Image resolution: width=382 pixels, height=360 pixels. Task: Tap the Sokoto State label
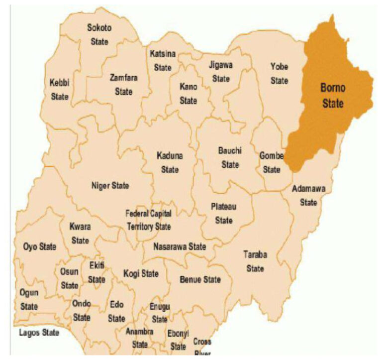99,34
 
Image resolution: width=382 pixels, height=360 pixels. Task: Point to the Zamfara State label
123,85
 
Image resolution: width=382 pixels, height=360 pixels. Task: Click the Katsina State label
163,60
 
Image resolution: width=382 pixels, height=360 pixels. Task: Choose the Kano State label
188,94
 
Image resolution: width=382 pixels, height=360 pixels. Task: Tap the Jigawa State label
221,72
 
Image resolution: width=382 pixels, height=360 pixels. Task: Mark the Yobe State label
279,73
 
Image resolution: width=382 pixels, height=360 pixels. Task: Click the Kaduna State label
170,162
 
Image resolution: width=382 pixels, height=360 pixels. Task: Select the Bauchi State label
230,157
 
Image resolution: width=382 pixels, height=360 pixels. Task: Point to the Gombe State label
272,163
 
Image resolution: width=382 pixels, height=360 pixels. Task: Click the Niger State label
110,186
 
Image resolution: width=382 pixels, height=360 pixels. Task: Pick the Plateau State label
224,213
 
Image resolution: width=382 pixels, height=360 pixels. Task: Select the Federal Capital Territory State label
149,220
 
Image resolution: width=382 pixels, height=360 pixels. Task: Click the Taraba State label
255,261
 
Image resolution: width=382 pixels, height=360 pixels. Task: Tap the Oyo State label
40,246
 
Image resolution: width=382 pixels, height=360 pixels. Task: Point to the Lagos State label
39,332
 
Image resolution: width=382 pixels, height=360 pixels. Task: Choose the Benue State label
200,279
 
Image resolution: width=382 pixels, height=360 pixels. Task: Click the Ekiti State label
96,272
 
